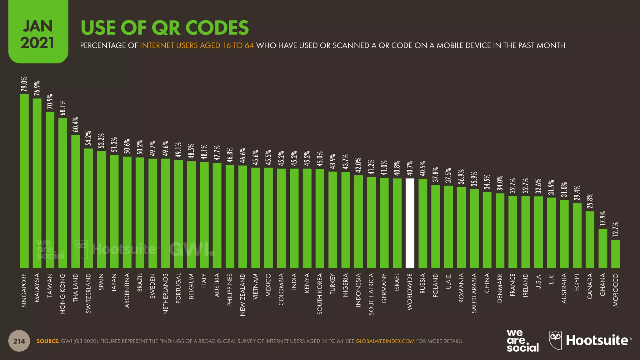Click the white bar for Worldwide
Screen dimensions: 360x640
[x=410, y=223]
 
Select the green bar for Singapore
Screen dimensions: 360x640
[x=24, y=181]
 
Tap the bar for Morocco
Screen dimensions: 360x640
[x=615, y=254]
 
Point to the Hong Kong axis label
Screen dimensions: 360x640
[x=63, y=293]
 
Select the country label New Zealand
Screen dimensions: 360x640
[x=243, y=294]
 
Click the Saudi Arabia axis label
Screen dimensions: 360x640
[x=474, y=293]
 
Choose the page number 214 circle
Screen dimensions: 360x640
[x=19, y=341]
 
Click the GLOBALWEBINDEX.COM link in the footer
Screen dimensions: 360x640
[x=385, y=341]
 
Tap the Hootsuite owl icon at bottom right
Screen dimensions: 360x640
[x=555, y=340]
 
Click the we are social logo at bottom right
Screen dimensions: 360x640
[x=522, y=341]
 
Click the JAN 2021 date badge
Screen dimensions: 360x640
[x=38, y=34]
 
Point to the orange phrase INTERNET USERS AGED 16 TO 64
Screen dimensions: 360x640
[x=197, y=46]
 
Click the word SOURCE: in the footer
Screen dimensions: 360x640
[x=48, y=341]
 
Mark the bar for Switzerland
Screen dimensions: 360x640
[x=88, y=208]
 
